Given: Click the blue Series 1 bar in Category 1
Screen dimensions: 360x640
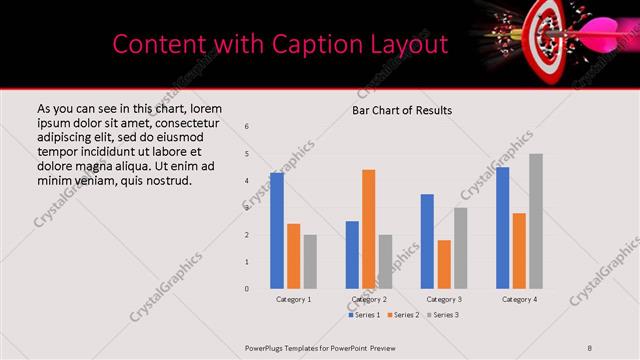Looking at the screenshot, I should coord(277,231).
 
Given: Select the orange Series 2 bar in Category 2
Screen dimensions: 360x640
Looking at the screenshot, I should coord(368,229).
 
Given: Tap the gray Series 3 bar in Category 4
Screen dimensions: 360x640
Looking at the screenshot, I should coord(536,221).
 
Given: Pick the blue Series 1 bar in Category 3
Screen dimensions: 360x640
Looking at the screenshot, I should coord(427,241).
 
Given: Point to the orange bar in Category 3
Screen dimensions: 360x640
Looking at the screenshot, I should coord(444,264).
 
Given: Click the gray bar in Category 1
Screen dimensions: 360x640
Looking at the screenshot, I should coord(310,262).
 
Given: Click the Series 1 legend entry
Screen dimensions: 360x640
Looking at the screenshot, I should coord(363,315).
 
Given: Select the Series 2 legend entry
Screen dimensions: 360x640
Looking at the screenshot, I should coord(404,315).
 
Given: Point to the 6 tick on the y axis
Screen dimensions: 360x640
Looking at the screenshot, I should coord(247,126).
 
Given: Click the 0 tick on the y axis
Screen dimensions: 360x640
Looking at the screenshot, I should coord(247,289).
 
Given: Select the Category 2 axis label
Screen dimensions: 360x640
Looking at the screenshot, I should coord(368,299).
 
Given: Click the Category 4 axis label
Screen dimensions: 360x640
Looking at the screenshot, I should coord(519,299).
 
